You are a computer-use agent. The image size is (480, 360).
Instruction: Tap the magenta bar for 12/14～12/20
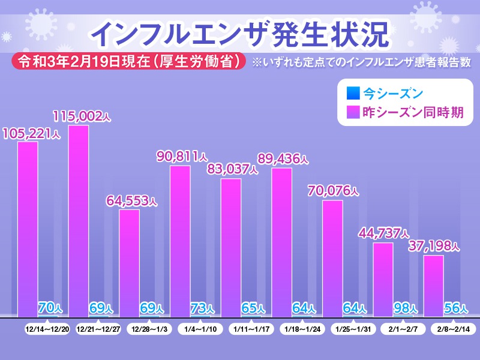click(28, 229)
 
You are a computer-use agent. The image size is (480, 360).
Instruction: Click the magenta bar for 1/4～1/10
click(180, 241)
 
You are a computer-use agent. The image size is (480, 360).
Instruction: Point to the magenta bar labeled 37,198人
click(434, 286)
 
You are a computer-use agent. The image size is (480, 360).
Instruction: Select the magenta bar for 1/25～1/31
click(332, 258)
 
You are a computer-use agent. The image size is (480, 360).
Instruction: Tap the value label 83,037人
click(232, 169)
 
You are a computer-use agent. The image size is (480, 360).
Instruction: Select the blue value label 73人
click(202, 308)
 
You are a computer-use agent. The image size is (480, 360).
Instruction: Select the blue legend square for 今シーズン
click(353, 94)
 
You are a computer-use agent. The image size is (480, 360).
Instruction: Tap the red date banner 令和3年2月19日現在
click(130, 61)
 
